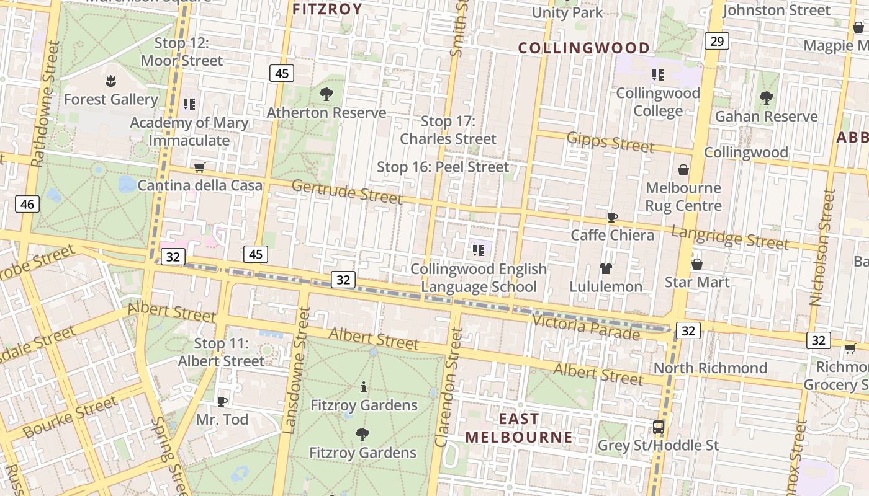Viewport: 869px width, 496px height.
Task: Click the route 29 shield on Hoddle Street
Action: coord(716,42)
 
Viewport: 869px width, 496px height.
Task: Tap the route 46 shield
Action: coord(27,203)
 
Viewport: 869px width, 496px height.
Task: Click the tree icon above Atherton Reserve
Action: coord(326,94)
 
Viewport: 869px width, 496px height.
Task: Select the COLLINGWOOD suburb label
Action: coord(583,48)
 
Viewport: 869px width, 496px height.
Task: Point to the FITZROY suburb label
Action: coord(327,9)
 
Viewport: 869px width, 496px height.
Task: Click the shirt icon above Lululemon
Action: coord(606,268)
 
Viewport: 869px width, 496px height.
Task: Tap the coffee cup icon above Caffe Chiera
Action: coord(612,217)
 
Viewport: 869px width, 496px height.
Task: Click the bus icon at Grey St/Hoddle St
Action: coord(658,427)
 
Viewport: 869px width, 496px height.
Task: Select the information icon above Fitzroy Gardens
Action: coord(363,387)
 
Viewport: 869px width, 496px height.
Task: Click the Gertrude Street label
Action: coord(346,191)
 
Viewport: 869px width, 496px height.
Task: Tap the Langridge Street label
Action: coord(729,237)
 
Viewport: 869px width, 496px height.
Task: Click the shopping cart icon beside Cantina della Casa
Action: coord(199,167)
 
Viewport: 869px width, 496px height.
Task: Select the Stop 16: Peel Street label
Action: coord(443,167)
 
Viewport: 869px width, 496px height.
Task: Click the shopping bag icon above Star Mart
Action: coord(696,264)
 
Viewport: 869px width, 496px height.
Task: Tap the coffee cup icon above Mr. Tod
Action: coord(222,401)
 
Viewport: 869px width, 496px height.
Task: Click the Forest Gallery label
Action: coord(110,99)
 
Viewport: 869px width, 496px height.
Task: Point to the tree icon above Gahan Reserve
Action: coord(766,97)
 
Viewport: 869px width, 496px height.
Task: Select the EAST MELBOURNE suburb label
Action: coord(519,428)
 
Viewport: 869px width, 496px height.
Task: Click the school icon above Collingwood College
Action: coord(657,75)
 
